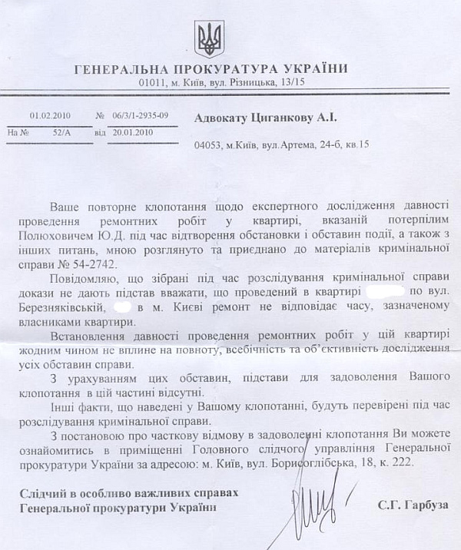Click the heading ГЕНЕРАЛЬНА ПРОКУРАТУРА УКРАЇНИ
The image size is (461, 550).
click(x=211, y=69)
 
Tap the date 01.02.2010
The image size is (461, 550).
click(x=50, y=116)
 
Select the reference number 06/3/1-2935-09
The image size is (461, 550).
click(x=139, y=116)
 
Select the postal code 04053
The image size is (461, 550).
click(x=208, y=144)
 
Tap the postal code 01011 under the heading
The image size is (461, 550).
click(x=154, y=82)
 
